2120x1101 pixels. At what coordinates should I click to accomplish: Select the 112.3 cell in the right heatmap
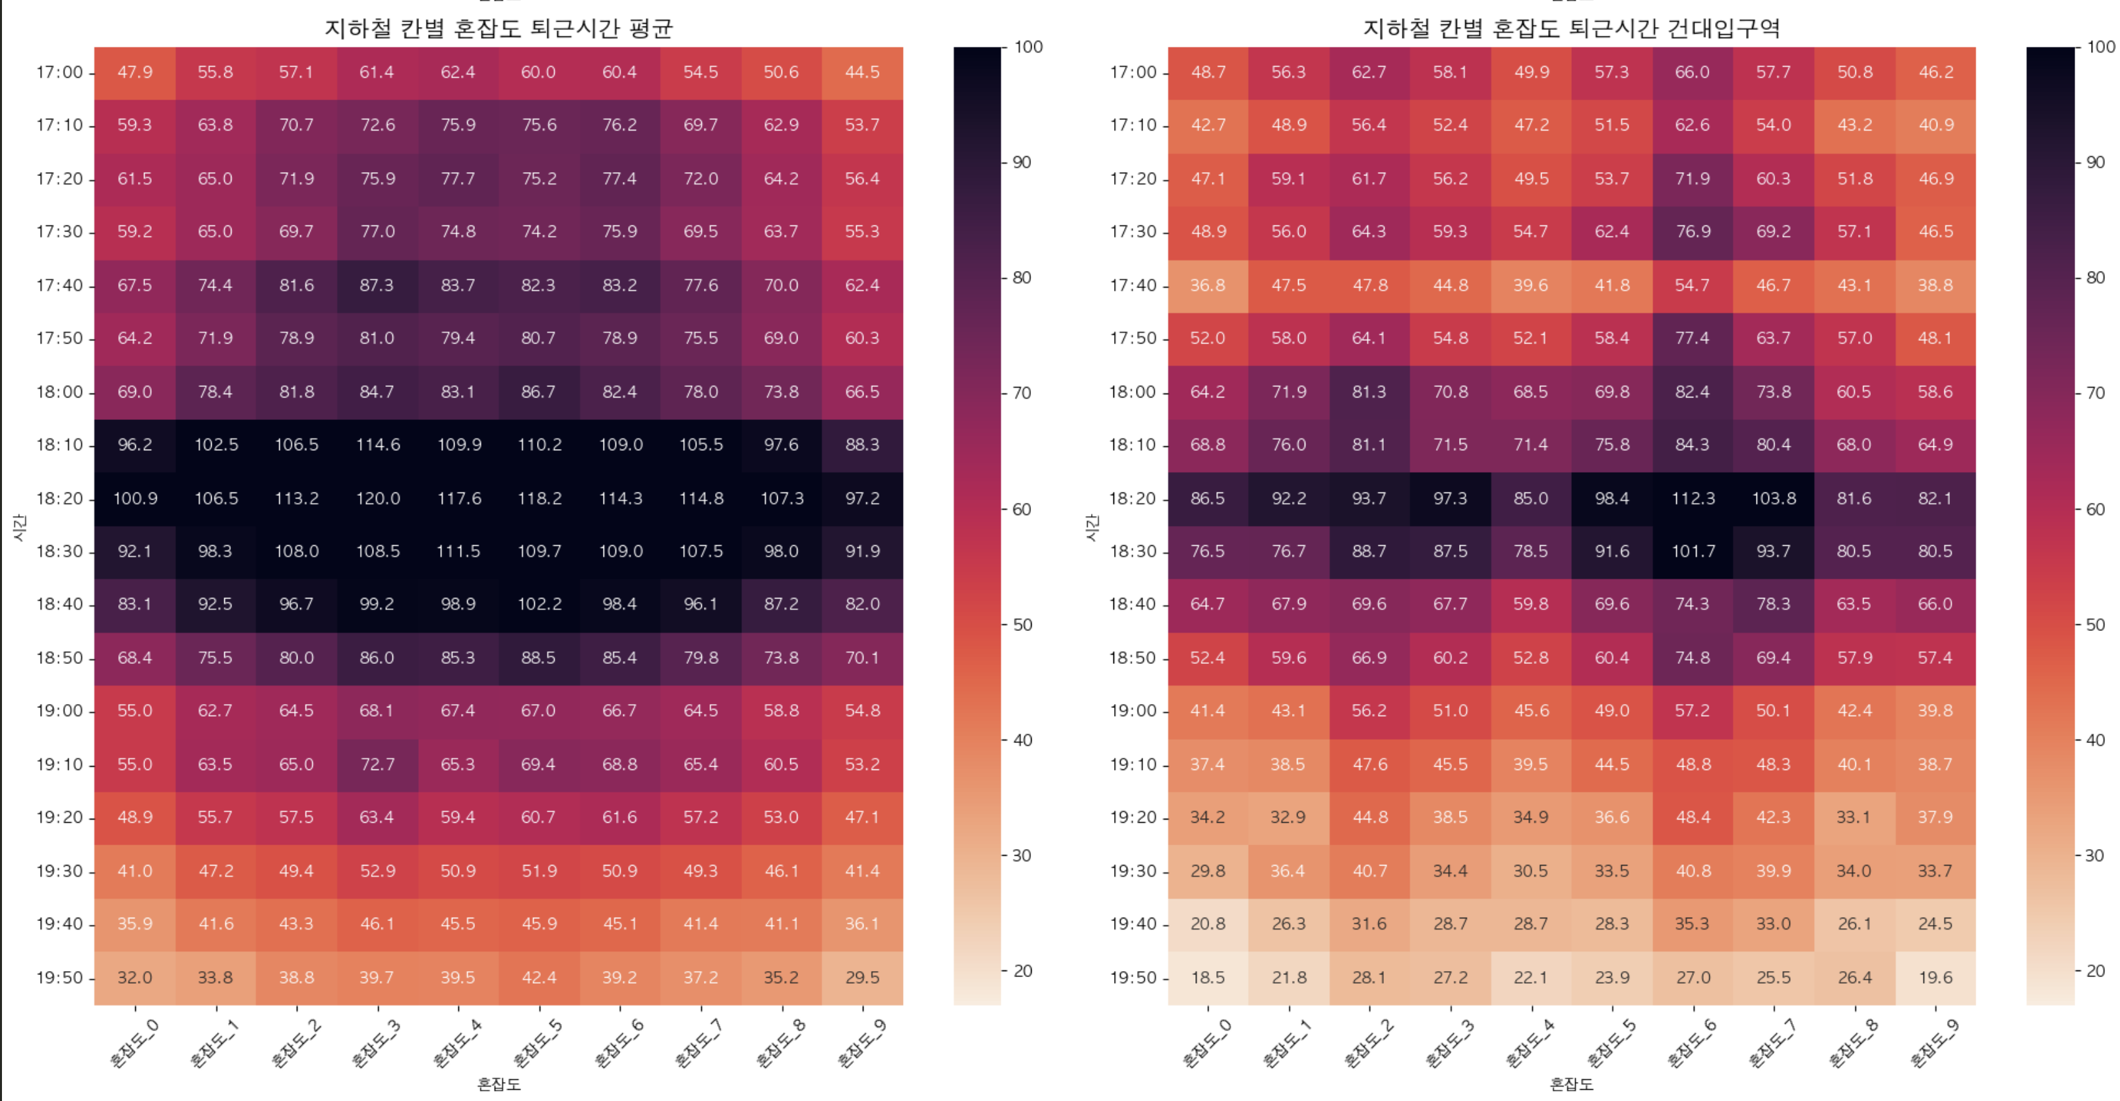coord(1692,498)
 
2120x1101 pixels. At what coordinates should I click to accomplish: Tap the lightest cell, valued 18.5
coord(1207,977)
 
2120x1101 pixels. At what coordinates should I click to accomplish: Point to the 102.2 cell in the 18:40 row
coord(539,604)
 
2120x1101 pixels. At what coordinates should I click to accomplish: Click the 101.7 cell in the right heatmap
coord(1692,550)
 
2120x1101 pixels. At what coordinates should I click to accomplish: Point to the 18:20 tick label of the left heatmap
coord(59,498)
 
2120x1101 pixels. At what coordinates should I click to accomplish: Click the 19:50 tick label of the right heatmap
coord(1133,977)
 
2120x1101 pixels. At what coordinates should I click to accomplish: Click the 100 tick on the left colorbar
coord(1028,47)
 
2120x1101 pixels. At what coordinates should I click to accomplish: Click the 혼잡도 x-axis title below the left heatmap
coord(499,1084)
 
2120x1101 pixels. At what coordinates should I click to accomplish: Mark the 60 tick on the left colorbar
coord(1021,508)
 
